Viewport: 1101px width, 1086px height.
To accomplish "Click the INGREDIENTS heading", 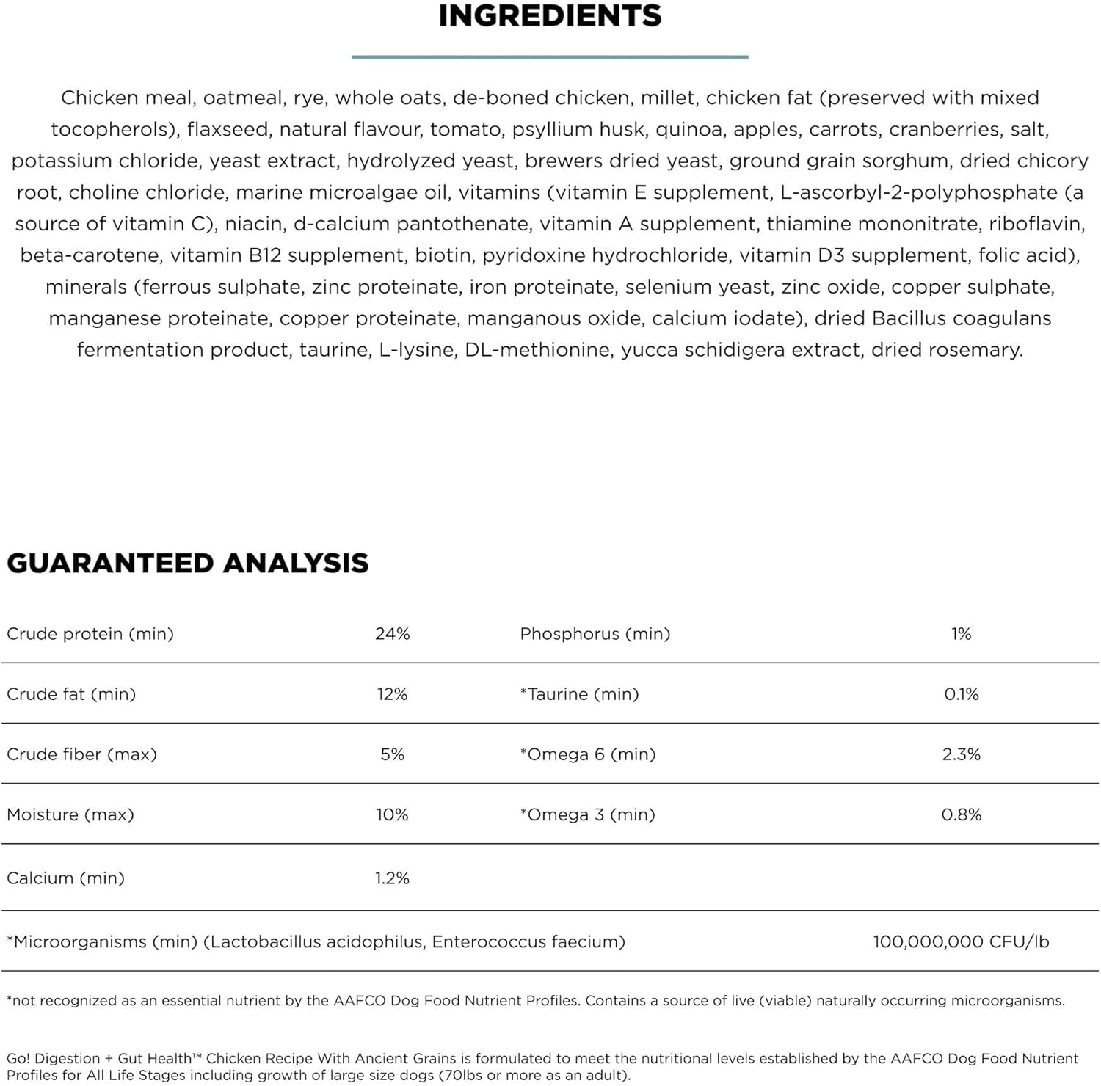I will pyautogui.click(x=550, y=16).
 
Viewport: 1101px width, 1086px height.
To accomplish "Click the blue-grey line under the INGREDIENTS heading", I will pyautogui.click(x=550, y=57).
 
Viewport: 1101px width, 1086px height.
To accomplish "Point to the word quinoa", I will pyautogui.click(x=688, y=129).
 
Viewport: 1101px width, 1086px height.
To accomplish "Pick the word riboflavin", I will pyautogui.click(x=1036, y=224).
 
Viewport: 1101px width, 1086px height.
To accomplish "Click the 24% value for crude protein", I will pyautogui.click(x=392, y=634).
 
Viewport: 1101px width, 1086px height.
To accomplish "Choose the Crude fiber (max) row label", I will pyautogui.click(x=82, y=754).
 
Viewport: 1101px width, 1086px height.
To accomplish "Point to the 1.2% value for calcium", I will pyautogui.click(x=392, y=878).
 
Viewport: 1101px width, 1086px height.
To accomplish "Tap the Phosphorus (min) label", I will pyautogui.click(x=595, y=634).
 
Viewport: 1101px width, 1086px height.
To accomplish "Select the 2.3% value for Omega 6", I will pyautogui.click(x=961, y=754).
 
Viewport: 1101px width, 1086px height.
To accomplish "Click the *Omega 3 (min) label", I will pyautogui.click(x=588, y=815).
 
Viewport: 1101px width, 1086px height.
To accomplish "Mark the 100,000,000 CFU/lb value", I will pyautogui.click(x=961, y=941).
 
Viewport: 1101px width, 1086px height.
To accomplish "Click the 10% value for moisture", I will pyautogui.click(x=392, y=815).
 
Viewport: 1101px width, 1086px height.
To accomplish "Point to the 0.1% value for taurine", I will pyautogui.click(x=961, y=694).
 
